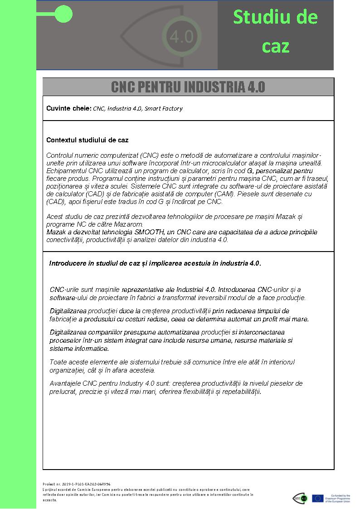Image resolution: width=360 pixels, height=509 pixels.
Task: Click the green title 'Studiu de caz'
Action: pyautogui.click(x=275, y=32)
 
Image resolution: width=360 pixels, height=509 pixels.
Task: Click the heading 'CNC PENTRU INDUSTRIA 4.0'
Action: pyautogui.click(x=188, y=87)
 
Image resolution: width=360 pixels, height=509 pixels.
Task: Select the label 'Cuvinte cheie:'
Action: pyautogui.click(x=69, y=108)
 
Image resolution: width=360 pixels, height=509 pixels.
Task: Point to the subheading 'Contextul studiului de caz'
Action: pyautogui.click(x=87, y=140)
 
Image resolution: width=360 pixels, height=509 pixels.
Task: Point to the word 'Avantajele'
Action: pyautogui.click(x=66, y=383)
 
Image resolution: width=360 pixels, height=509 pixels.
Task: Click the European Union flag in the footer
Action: pyautogui.click(x=317, y=498)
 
